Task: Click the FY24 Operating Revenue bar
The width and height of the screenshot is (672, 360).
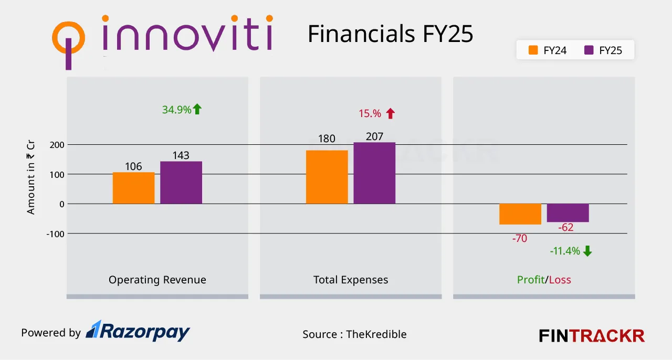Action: pos(133,188)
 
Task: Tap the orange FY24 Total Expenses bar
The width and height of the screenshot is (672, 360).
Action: pos(327,177)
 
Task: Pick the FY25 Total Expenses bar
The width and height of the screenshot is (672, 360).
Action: pos(374,173)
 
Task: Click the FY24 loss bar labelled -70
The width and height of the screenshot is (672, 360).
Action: pos(520,214)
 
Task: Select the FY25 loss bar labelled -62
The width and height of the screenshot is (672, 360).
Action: pos(568,213)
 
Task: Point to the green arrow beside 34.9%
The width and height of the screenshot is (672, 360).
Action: pos(197,109)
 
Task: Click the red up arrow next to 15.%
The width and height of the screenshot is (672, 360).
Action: pos(390,113)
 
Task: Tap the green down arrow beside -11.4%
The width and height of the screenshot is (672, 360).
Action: pos(587,251)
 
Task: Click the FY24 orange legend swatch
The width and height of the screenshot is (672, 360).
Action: pos(534,50)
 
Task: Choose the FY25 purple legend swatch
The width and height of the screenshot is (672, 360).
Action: pos(589,50)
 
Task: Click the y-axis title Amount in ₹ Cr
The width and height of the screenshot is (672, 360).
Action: pos(31,179)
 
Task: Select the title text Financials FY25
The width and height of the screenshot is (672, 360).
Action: pos(390,34)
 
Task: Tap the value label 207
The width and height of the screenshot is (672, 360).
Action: pos(374,136)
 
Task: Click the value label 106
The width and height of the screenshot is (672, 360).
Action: pos(133,166)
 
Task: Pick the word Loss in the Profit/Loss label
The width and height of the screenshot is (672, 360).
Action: pos(560,280)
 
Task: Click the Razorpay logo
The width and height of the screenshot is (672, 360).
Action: pos(138,331)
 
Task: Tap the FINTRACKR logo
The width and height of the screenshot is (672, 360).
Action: pos(592,335)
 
